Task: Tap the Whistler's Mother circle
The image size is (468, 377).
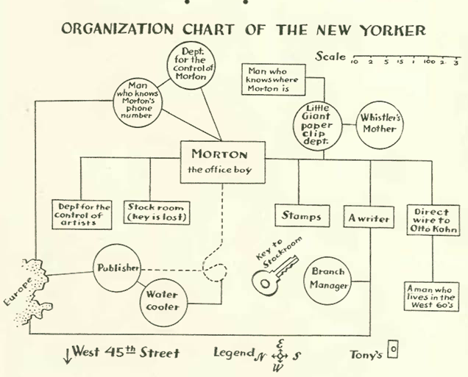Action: (378, 123)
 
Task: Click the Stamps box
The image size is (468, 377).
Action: (301, 216)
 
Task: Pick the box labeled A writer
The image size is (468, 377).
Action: (368, 218)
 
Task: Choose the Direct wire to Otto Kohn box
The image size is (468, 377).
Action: (433, 218)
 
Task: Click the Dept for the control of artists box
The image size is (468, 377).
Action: (82, 214)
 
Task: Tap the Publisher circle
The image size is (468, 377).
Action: (118, 268)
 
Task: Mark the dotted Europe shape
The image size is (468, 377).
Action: (26, 287)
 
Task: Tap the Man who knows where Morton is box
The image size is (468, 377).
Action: (274, 80)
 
